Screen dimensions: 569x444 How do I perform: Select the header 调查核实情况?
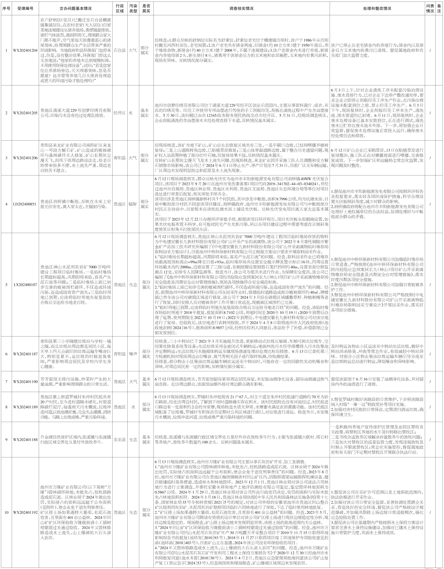pyautogui.click(x=241, y=8)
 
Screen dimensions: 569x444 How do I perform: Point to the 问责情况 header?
pyautogui.click(x=430, y=8)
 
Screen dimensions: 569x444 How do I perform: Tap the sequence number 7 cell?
pyautogui.click(x=6, y=382)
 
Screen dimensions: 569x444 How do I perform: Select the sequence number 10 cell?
pyautogui.click(x=6, y=512)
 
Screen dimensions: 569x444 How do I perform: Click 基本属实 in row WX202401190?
pyautogui.click(x=146, y=382)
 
